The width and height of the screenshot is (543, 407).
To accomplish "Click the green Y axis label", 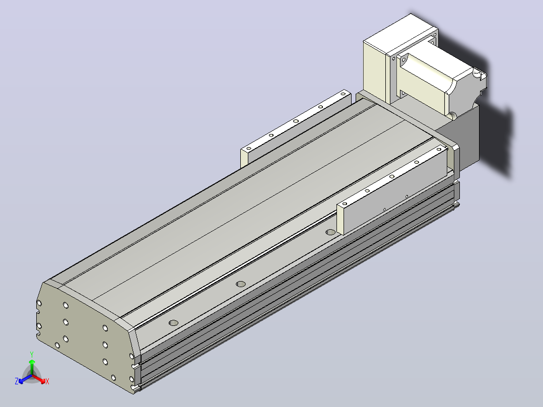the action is click(32, 354).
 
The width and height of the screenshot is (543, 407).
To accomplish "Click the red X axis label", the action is click(47, 381).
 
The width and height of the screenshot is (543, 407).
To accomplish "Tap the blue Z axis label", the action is click(17, 381).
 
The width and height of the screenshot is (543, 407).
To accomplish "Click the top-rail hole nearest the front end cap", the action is click(173, 323).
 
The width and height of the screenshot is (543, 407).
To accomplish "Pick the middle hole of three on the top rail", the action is click(241, 284).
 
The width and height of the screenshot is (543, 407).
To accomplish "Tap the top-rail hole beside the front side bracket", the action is click(331, 232).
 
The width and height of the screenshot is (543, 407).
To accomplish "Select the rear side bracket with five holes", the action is click(296, 128).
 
